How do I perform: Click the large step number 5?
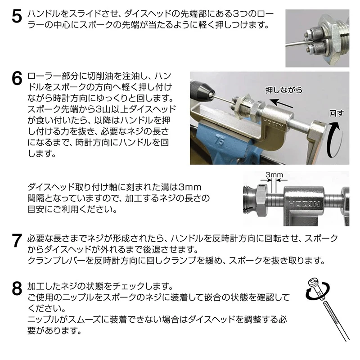tap(17, 17)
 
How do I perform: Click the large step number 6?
tap(17, 79)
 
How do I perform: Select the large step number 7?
tap(17, 241)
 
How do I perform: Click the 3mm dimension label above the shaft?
tap(274, 175)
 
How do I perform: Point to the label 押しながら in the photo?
tap(284, 90)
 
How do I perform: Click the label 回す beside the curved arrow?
tap(337, 113)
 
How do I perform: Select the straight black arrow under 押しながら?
tap(281, 103)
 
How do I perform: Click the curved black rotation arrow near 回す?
tap(335, 139)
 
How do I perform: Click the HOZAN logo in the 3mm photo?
tap(303, 204)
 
